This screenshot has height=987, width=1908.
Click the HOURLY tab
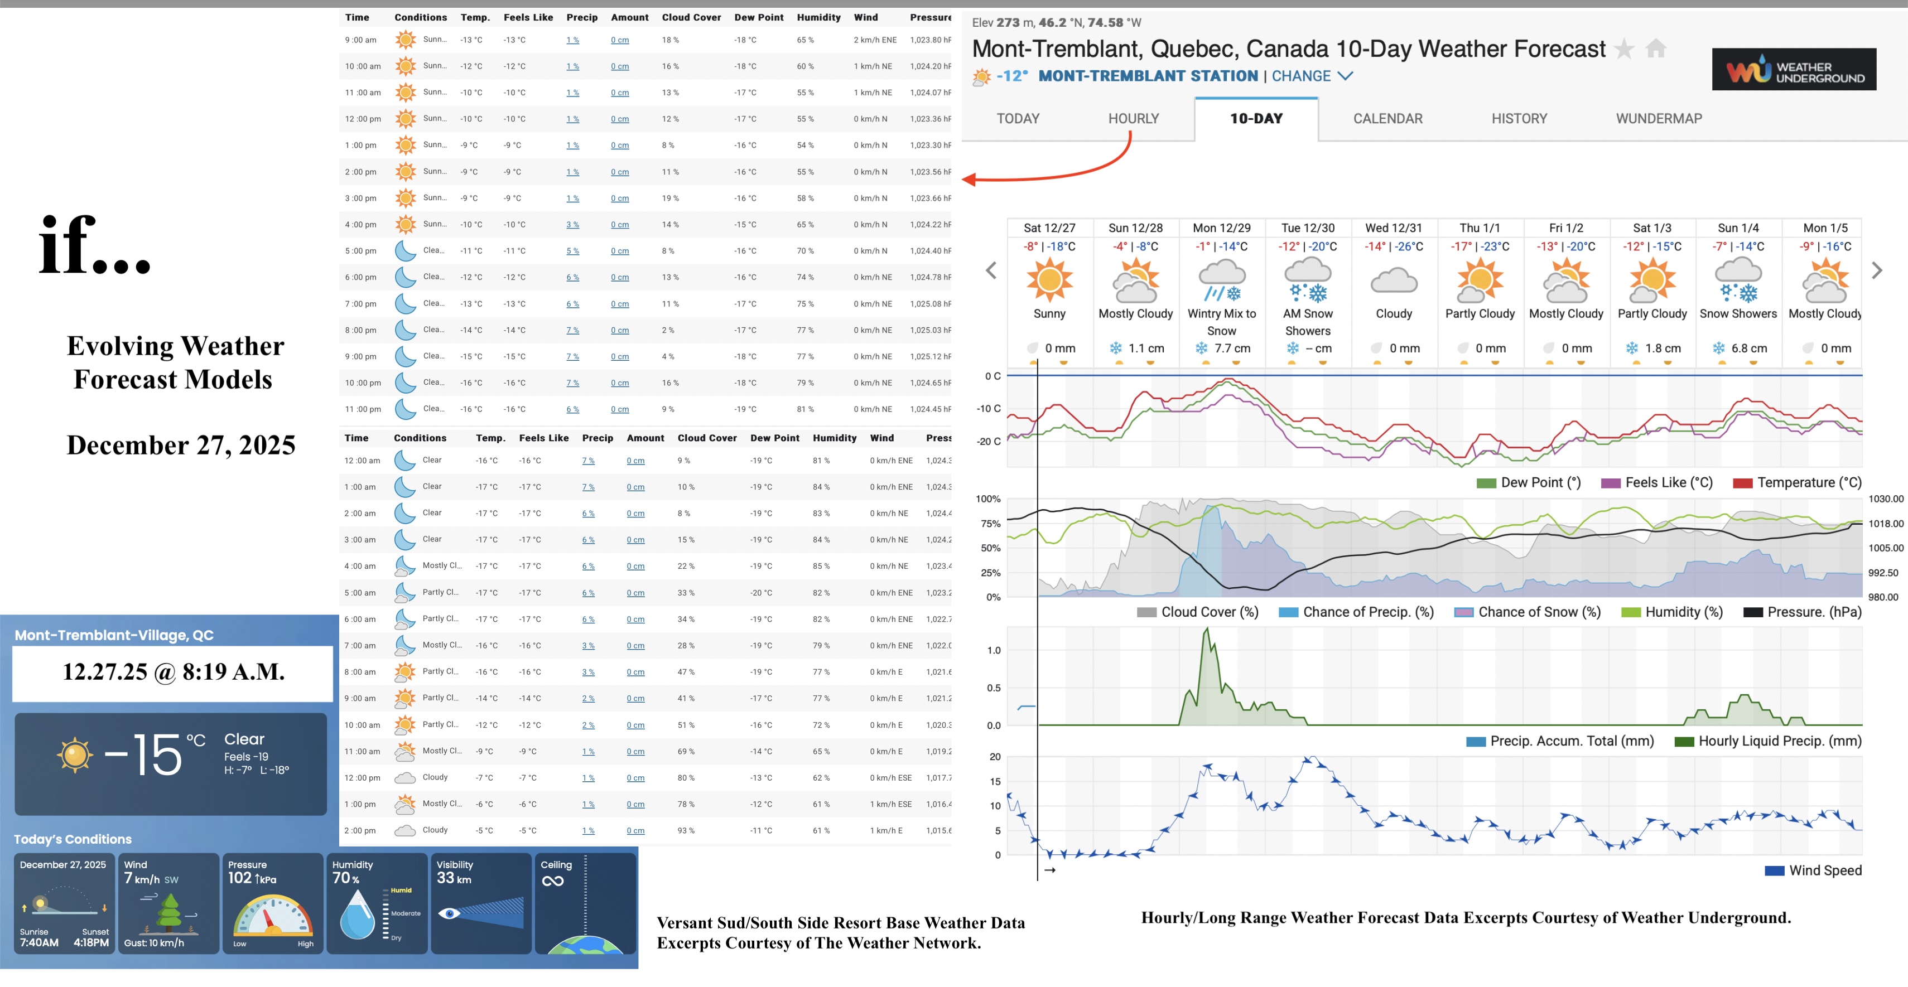coord(1133,118)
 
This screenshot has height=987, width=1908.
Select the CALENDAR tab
coord(1387,118)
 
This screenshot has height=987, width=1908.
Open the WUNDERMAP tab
coord(1659,118)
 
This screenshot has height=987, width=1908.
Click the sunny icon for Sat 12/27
coord(1049,280)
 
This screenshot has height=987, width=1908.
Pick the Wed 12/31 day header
coord(1393,228)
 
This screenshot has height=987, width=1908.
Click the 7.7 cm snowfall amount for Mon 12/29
coord(1231,348)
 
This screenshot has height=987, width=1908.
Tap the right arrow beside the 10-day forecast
coord(1876,270)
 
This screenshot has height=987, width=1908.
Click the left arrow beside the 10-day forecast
coord(991,270)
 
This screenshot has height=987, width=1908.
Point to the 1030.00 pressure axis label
coord(1885,499)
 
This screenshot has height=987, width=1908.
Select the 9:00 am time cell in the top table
coord(361,40)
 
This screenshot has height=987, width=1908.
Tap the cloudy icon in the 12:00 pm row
coord(404,778)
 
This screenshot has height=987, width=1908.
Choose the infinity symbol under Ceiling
coord(552,881)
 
